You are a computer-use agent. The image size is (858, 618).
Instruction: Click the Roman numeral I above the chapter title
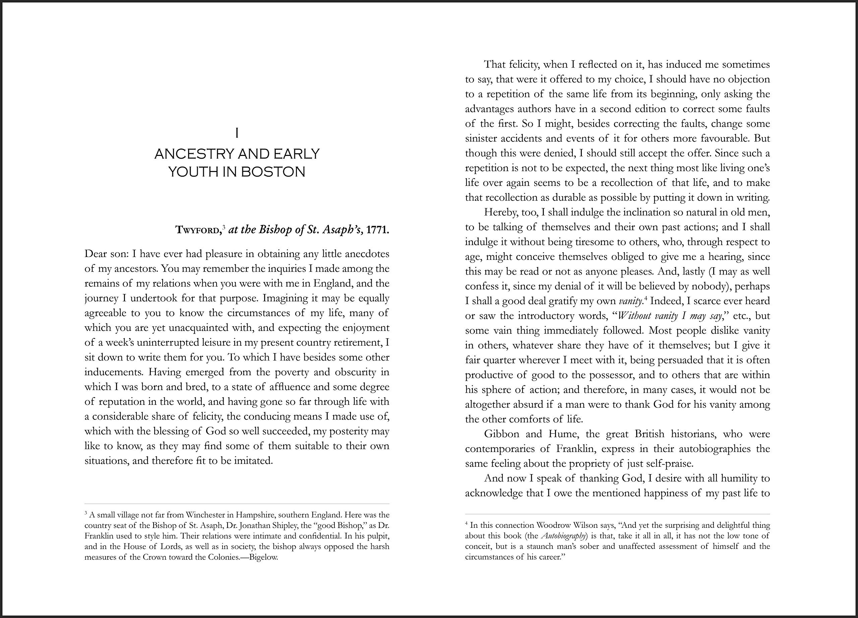tap(237, 133)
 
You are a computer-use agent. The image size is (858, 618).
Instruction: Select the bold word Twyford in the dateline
tap(198, 230)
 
